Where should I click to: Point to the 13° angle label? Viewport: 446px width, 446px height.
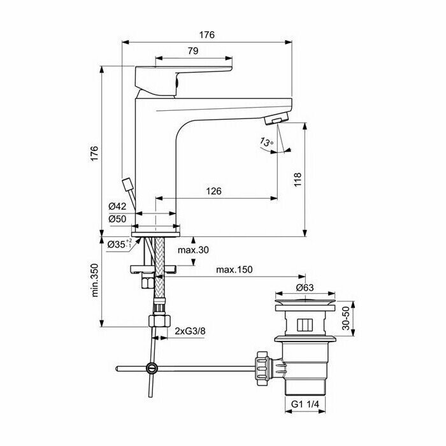266,143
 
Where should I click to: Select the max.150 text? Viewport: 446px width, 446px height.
234,270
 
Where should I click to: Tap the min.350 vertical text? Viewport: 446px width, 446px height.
96,281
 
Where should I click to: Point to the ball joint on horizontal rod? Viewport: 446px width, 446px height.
152,368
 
